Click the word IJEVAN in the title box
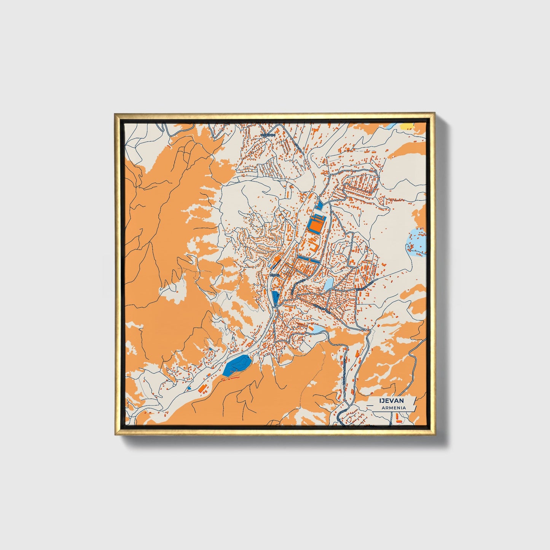pos(391,401)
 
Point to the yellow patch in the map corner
pos(407,125)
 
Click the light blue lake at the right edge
pos(416,242)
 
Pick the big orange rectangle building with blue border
pos(316,225)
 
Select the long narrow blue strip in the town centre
pos(309,260)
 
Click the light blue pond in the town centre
pos(328,283)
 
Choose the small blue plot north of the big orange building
pos(319,206)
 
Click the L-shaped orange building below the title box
pos(398,419)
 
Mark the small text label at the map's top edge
pos(268,135)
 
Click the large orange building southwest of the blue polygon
pos(204,389)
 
